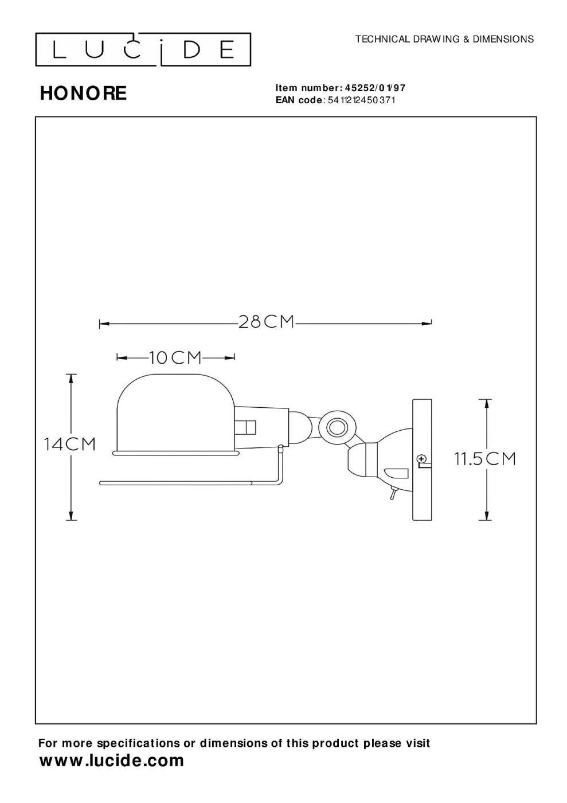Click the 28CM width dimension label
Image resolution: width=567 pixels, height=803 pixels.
(x=266, y=322)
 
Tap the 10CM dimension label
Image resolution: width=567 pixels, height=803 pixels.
(x=175, y=357)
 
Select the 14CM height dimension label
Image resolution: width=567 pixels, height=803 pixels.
(x=69, y=444)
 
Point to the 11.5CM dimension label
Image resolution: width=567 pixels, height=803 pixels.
(x=484, y=458)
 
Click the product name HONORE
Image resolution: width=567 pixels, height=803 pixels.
(x=83, y=93)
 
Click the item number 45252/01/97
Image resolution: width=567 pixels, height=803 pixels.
(x=375, y=88)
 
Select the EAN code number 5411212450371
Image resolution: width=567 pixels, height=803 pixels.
(x=361, y=100)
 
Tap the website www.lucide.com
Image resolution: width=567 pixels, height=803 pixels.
(x=111, y=760)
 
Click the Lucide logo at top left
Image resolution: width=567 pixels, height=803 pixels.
(x=143, y=49)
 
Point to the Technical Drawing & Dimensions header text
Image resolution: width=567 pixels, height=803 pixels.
(x=444, y=39)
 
